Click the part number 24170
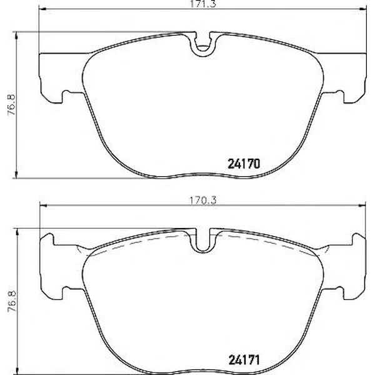pyautogui.click(x=244, y=164)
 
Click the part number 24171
pyautogui.click(x=244, y=360)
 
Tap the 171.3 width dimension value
pyautogui.click(x=202, y=3)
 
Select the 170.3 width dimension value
pyautogui.click(x=202, y=201)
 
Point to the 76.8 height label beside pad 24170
pyautogui.click(x=11, y=105)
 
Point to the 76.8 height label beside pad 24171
pyautogui.click(x=11, y=301)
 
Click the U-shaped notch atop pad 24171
pyautogui.click(x=202, y=241)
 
